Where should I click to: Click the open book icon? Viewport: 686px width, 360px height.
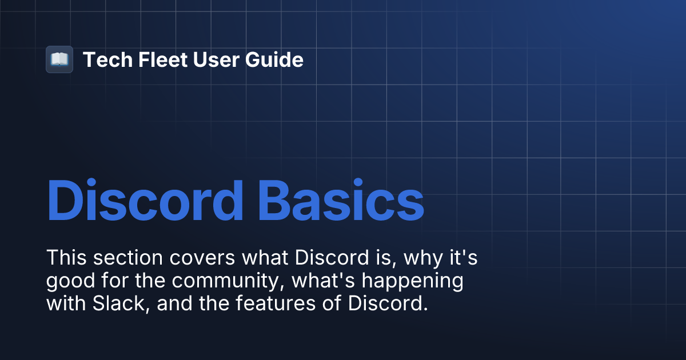59,59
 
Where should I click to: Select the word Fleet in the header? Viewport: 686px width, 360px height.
154,59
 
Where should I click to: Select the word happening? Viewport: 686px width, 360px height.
410,282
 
